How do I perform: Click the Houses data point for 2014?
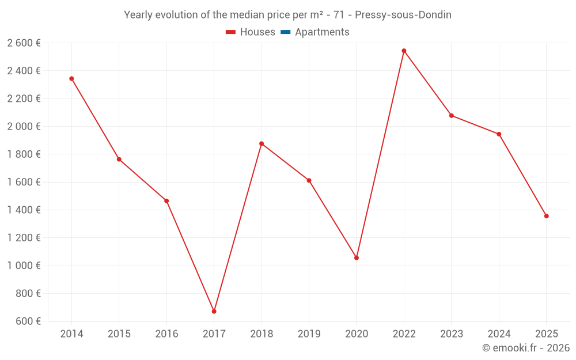pos(71,78)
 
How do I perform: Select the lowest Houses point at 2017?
pos(214,311)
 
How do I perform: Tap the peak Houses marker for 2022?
pos(404,51)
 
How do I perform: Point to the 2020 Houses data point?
pos(357,257)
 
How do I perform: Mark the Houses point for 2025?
pos(546,216)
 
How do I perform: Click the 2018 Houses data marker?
pos(262,143)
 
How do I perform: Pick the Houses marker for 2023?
pos(452,115)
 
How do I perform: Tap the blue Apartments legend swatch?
pos(285,32)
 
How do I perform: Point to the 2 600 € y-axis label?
pos(24,43)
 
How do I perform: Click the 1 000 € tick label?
pos(24,266)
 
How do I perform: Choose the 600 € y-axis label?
pos(28,321)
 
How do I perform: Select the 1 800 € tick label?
pos(24,154)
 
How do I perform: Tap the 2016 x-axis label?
pos(166,334)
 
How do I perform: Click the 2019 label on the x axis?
pos(309,334)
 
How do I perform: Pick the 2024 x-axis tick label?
pos(499,334)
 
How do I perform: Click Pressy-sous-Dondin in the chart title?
pos(403,15)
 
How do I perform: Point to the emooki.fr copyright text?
pos(526,348)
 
